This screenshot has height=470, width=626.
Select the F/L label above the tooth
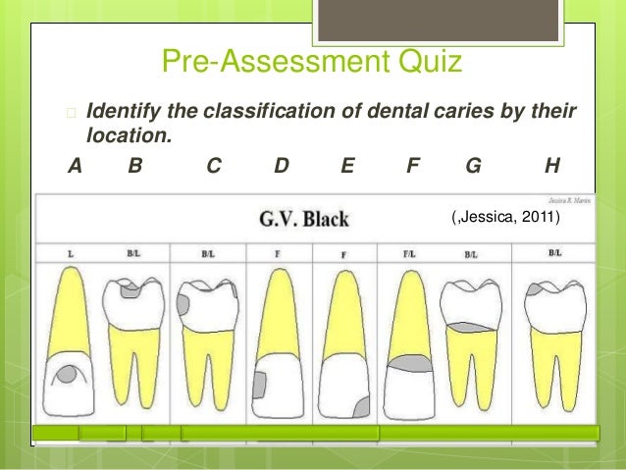point(408,254)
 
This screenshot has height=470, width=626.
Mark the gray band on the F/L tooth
point(409,364)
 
